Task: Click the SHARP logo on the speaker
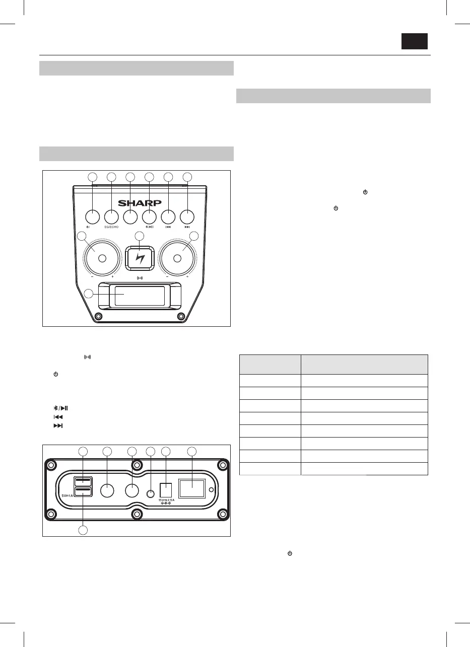(140, 203)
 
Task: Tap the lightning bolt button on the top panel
(140, 258)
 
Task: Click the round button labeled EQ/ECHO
(111, 217)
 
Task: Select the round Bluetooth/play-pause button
(149, 217)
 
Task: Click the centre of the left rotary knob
(102, 258)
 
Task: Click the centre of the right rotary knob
(177, 258)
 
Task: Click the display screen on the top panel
(140, 296)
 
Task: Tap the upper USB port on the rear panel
(83, 481)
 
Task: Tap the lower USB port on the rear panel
(83, 491)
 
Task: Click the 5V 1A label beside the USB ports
(68, 495)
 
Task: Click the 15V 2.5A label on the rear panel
(166, 499)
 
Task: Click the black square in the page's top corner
(414, 41)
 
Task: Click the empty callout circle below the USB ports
(85, 530)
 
